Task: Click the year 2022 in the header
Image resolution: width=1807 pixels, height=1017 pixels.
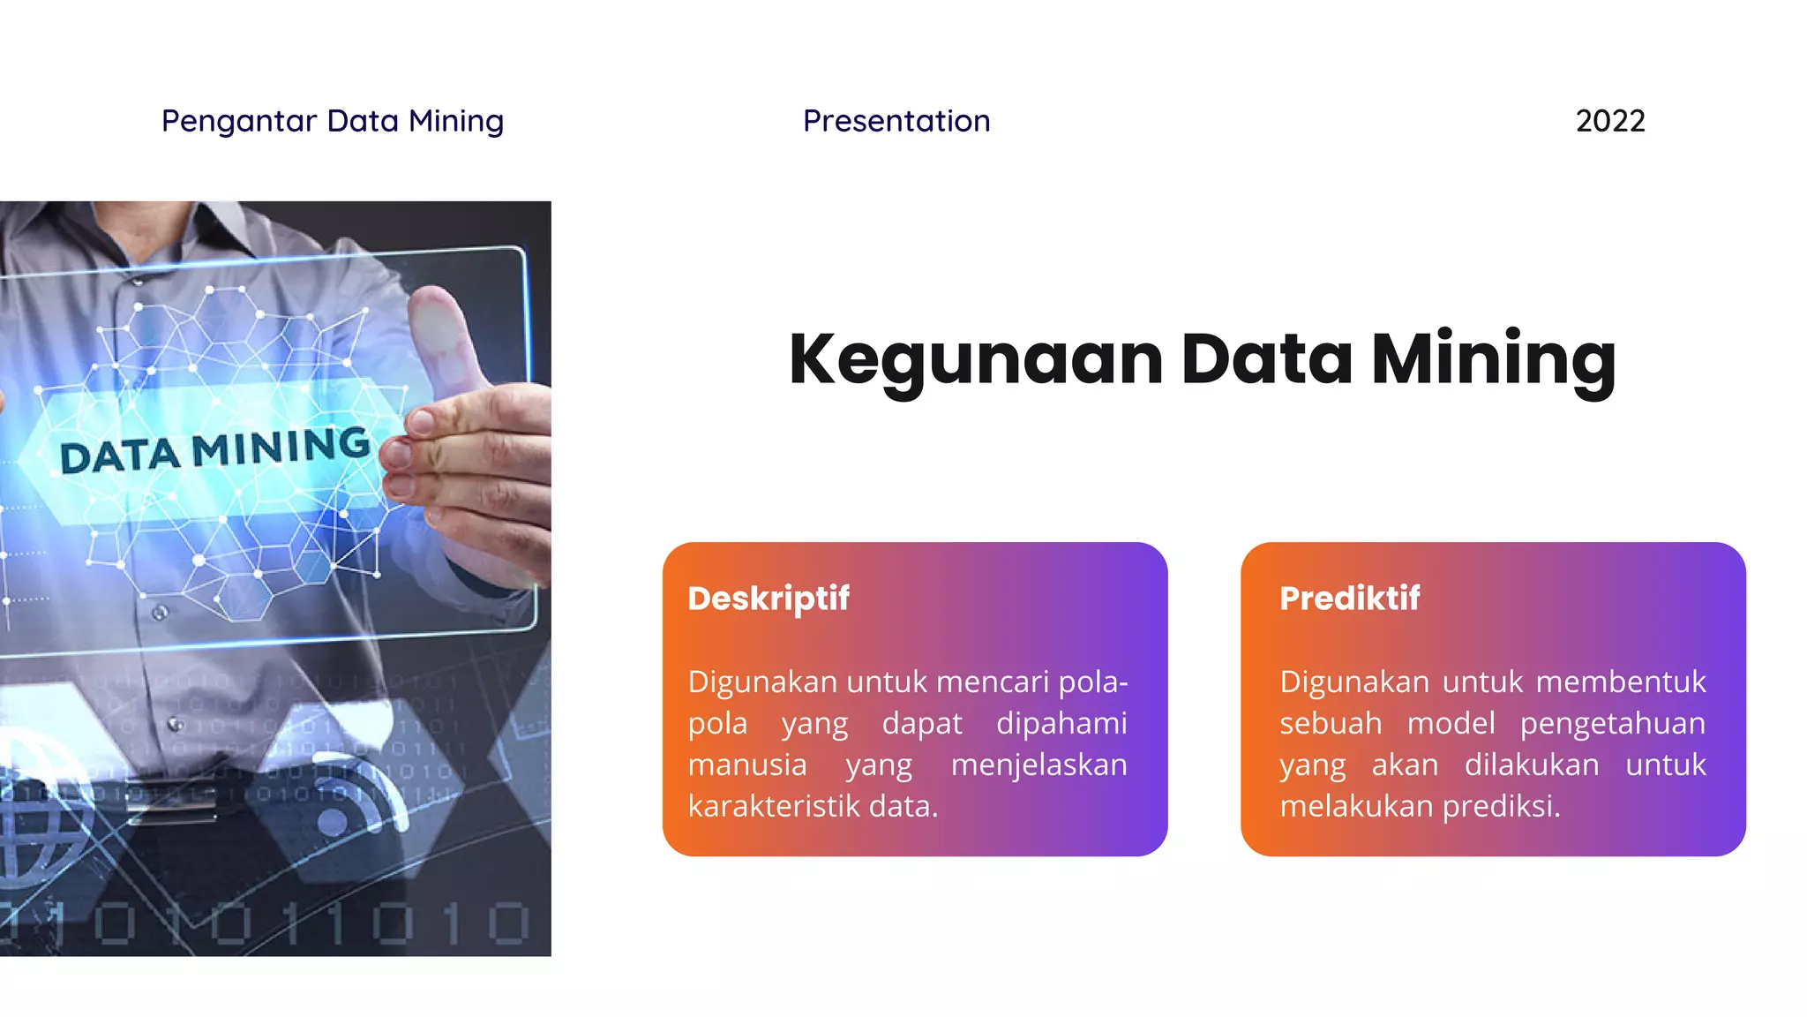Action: (x=1610, y=121)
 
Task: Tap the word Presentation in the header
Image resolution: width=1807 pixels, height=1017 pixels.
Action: (x=896, y=121)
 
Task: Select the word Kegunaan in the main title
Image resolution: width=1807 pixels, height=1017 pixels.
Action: (x=976, y=360)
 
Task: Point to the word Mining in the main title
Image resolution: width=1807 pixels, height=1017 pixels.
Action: (x=1494, y=360)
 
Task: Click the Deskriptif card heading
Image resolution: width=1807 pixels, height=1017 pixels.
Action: (x=769, y=599)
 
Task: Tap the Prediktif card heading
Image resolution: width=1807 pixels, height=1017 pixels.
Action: (x=1350, y=599)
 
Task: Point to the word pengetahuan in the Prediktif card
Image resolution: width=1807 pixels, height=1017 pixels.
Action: (x=1613, y=724)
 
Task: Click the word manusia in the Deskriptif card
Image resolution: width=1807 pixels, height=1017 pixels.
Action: (x=747, y=765)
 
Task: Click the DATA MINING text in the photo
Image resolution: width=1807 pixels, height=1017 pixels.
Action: (x=214, y=450)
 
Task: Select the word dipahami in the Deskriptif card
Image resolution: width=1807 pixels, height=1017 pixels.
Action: (x=1061, y=724)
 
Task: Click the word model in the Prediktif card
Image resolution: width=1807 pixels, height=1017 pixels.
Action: (x=1451, y=724)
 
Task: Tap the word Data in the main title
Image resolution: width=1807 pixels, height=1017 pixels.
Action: (x=1266, y=360)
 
